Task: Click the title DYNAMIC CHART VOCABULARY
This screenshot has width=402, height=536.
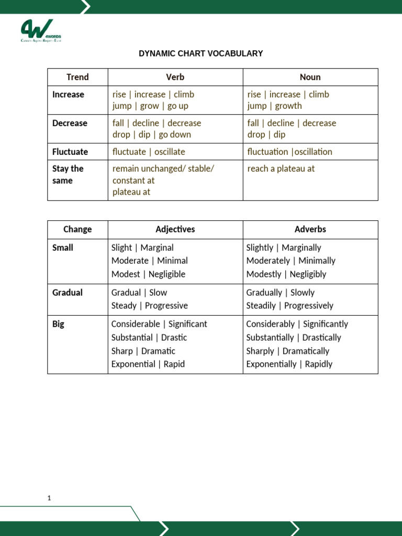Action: (200, 53)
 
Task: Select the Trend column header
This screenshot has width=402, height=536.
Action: (77, 77)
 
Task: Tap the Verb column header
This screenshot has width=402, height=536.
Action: (175, 77)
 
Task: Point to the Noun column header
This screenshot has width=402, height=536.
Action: (310, 77)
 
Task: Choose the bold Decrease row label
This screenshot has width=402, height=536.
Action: (70, 123)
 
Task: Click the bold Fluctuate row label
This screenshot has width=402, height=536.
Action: (70, 152)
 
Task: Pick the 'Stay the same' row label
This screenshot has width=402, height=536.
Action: (68, 174)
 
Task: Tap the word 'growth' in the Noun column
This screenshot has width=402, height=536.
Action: (288, 106)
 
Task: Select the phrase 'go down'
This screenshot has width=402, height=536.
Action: (175, 135)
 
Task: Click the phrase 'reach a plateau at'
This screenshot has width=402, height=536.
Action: (281, 169)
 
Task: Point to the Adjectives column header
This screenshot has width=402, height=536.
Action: (175, 229)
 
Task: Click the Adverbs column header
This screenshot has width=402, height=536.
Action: (310, 229)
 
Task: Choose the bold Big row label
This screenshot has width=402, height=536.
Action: (58, 324)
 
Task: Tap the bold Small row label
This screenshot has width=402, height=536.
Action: (63, 248)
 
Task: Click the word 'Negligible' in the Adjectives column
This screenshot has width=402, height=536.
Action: (167, 274)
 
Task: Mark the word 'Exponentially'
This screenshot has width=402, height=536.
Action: (271, 364)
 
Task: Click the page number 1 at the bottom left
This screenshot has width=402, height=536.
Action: (49, 498)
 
